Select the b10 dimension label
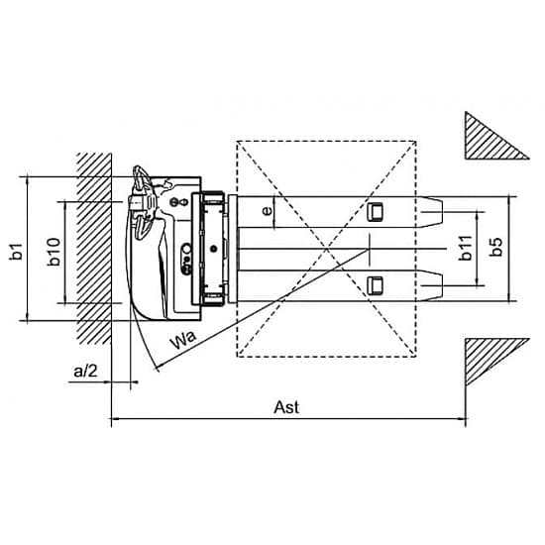[x=54, y=252]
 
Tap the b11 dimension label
[x=465, y=248]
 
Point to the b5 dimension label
[x=495, y=247]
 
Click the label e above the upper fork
[x=267, y=211]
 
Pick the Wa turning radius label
[x=183, y=340]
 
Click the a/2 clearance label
[x=85, y=372]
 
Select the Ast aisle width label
[x=286, y=407]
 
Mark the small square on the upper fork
[x=375, y=211]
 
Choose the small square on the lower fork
[x=375, y=285]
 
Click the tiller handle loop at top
[x=140, y=175]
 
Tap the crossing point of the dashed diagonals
[x=326, y=249]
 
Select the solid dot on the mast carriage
[x=213, y=248]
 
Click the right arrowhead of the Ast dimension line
[x=463, y=418]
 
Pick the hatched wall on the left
[x=94, y=249]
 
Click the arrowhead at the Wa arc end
[x=159, y=367]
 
